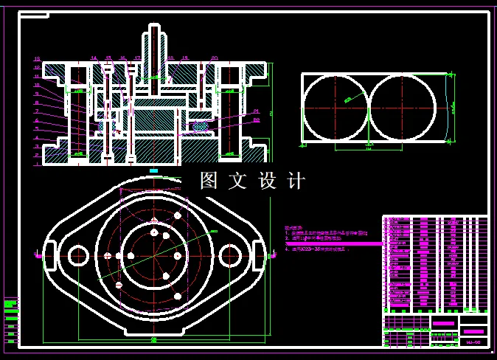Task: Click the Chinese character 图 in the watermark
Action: point(209,181)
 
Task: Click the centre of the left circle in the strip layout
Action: point(336,108)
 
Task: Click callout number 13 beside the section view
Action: point(36,58)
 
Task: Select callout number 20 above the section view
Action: point(214,57)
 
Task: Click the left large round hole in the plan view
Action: point(77,255)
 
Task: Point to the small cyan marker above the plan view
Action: point(153,170)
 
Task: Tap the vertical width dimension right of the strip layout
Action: point(453,107)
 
